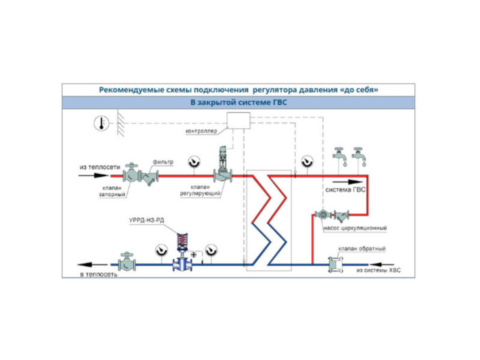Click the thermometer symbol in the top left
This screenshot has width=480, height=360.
100,123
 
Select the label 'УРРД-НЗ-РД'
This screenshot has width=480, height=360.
148,220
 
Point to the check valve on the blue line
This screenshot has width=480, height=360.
336,263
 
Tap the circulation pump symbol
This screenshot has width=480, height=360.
322,215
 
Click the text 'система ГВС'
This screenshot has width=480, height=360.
344,189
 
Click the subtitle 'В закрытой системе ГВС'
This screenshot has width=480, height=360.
238,103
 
